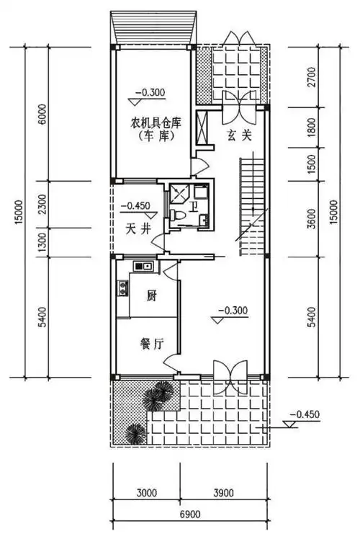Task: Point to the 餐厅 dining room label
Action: (151, 344)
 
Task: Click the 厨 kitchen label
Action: (152, 295)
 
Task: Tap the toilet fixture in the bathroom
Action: (177, 214)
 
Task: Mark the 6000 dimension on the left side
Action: (42, 112)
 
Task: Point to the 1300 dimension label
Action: (42, 240)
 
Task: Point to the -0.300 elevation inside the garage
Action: (150, 92)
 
